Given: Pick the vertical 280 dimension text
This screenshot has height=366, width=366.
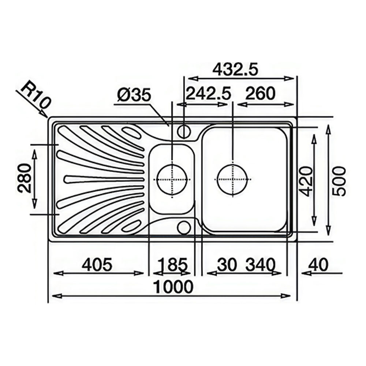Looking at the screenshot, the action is click(25, 179).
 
